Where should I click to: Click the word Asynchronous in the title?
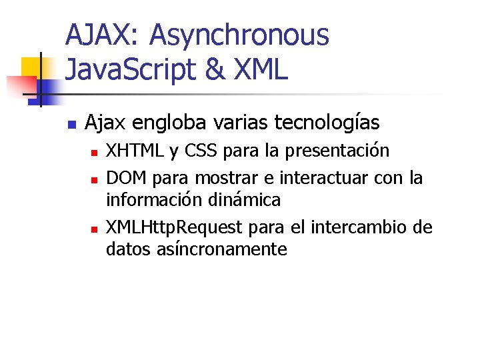click(x=239, y=35)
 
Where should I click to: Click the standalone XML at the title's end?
click(x=261, y=69)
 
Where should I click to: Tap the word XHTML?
click(x=136, y=151)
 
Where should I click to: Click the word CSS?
click(x=201, y=151)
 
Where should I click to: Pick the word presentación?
click(x=337, y=151)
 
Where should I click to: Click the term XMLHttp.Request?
click(x=175, y=228)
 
